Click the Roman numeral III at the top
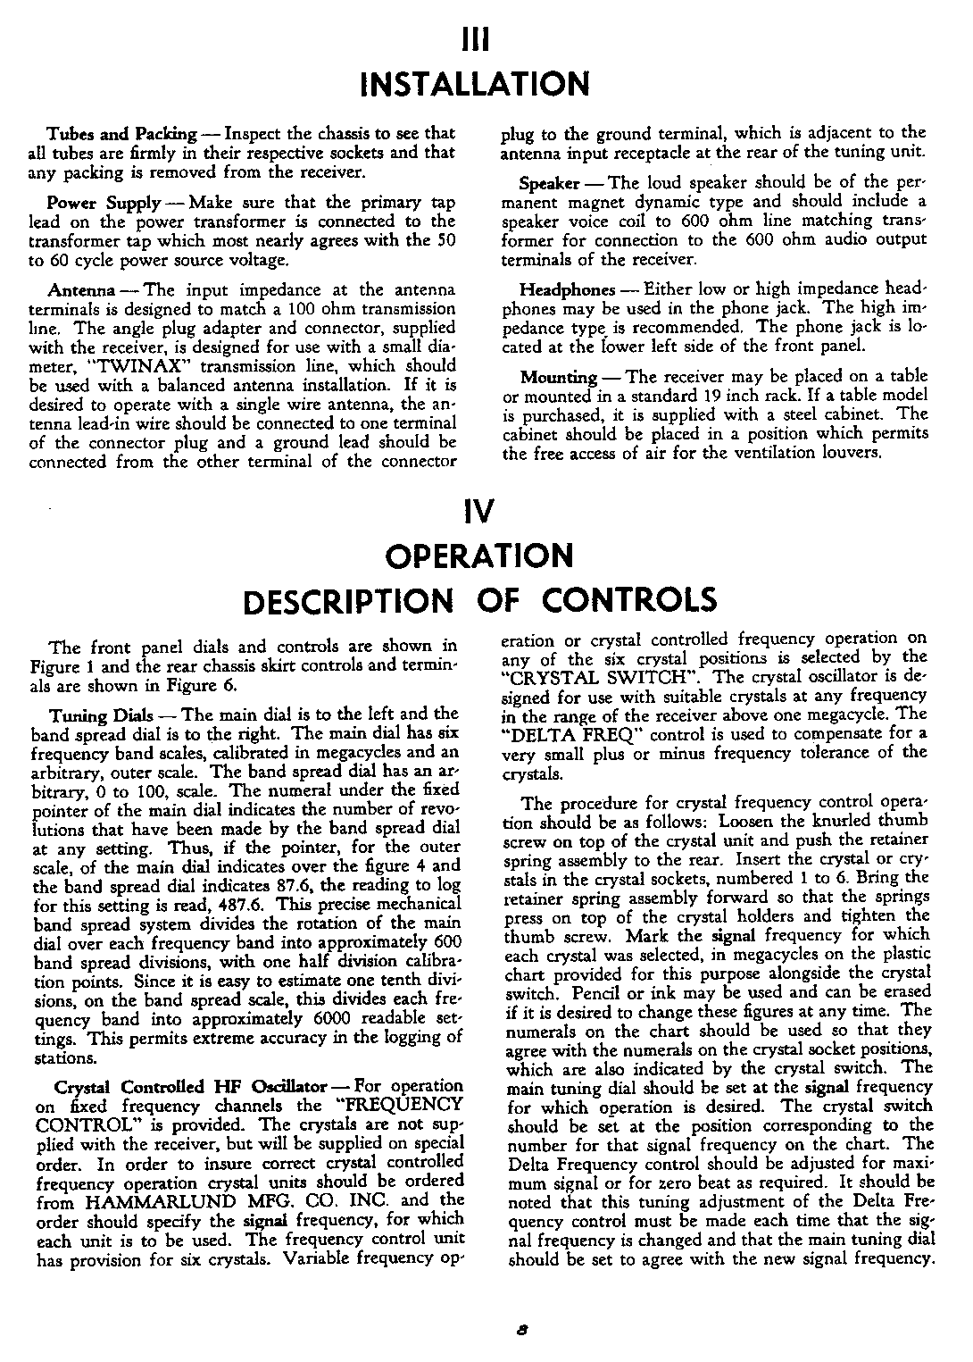tap(473, 41)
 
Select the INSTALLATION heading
tap(473, 84)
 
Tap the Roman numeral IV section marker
tap(475, 513)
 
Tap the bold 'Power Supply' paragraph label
tap(104, 202)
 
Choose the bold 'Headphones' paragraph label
tap(567, 290)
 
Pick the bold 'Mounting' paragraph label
tap(559, 376)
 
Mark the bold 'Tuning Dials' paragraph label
tap(95, 714)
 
